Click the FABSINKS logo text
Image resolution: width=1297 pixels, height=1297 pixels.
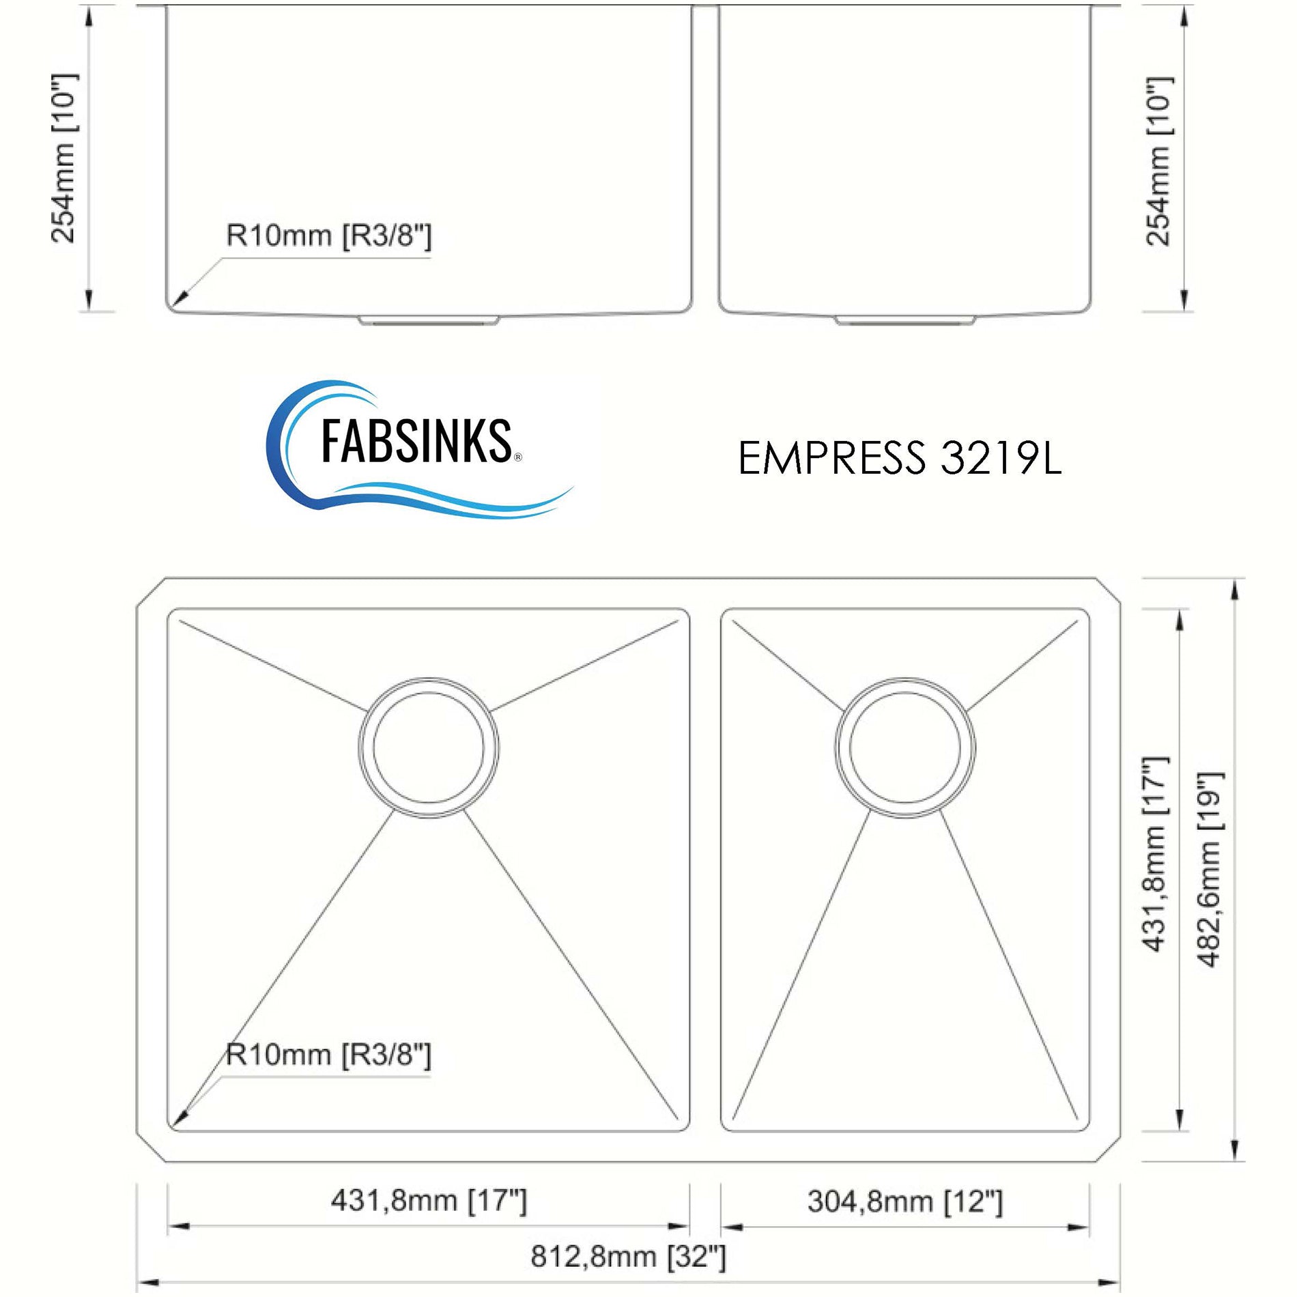coord(416,442)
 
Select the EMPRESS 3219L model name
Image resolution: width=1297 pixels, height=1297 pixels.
coord(899,457)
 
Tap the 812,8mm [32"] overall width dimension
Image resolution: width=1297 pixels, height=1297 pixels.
coord(628,1256)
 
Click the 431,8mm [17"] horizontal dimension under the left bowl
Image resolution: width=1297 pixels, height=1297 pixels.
coord(429,1200)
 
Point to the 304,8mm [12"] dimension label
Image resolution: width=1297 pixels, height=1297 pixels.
coord(904,1201)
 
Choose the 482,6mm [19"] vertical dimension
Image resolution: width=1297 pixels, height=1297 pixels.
coord(1210,870)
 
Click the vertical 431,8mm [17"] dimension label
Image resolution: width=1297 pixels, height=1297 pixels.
coord(1156,854)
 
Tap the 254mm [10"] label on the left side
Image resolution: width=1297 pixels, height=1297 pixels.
coord(65,158)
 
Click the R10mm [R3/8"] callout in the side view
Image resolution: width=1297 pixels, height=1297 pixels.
coord(328,236)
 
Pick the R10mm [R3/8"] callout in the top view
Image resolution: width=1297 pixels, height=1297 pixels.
coord(328,1055)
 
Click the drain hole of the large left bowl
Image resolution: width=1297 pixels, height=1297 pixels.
coord(429,747)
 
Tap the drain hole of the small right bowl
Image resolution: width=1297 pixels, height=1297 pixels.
coord(904,747)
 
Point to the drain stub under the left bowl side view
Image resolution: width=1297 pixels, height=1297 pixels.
coord(429,319)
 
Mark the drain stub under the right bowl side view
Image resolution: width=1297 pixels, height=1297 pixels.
coord(904,319)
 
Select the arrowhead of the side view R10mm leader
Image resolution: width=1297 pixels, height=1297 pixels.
coord(180,299)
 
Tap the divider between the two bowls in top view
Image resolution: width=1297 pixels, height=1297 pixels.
coord(705,870)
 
